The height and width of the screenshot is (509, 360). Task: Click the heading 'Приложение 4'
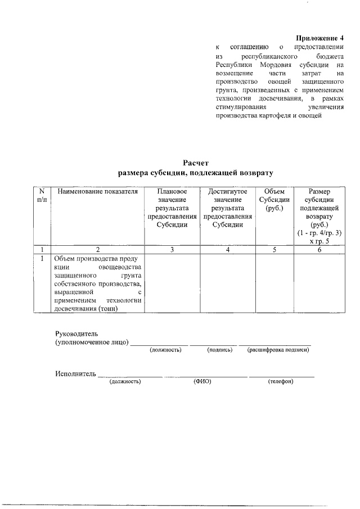point(318,37)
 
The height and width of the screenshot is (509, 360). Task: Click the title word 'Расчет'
point(196,163)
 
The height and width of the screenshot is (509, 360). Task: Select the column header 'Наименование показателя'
point(97,192)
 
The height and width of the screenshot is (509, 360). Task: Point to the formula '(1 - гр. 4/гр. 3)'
point(318,232)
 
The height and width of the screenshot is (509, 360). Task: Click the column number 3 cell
point(172,250)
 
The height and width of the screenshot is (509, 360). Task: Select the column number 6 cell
point(318,250)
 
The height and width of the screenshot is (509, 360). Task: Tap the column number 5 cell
point(274,250)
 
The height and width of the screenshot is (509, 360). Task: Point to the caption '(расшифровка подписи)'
point(278,350)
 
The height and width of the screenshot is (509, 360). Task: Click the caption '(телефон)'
point(281,381)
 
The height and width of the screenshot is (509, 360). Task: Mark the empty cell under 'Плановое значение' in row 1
point(172,283)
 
